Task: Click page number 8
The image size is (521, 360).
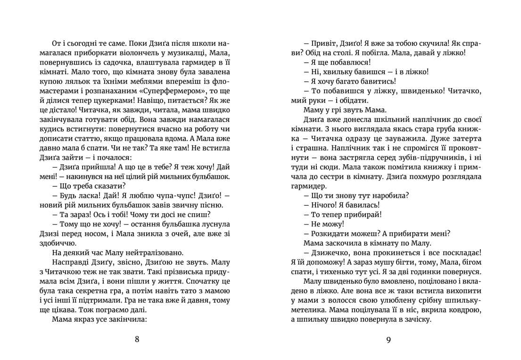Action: [137, 339]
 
